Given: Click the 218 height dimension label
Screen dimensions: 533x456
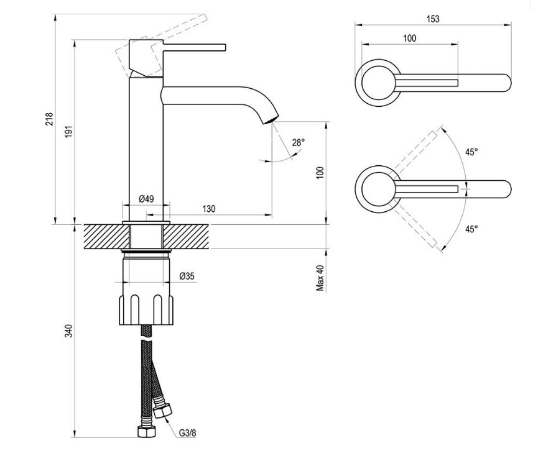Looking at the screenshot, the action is (50, 119).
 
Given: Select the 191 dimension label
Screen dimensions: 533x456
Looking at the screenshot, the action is (69, 132).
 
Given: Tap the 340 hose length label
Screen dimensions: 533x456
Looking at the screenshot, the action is (69, 331).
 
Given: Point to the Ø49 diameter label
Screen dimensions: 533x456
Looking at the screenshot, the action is (146, 199).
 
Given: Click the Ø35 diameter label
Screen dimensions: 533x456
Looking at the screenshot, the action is (187, 276).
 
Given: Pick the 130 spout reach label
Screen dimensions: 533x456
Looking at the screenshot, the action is (209, 209).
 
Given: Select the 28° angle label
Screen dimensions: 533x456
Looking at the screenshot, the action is (299, 143).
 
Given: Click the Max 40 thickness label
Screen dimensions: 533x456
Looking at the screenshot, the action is (320, 278).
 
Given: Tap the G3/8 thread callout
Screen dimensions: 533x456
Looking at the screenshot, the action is (188, 433).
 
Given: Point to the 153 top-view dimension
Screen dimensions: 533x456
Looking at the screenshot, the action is (433, 19).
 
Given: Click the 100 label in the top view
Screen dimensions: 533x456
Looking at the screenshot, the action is (410, 38).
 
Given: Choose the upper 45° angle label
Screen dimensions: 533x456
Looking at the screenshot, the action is (471, 152).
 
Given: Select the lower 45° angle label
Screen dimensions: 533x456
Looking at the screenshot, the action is (471, 229).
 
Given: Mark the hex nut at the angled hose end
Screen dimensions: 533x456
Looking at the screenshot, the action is (163, 411).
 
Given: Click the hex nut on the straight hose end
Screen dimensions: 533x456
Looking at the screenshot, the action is (147, 431).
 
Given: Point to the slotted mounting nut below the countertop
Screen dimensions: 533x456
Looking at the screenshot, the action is (146, 309).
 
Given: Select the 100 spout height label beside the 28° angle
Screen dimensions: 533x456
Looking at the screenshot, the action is (320, 173).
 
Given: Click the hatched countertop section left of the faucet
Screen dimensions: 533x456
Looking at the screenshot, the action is (106, 236).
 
